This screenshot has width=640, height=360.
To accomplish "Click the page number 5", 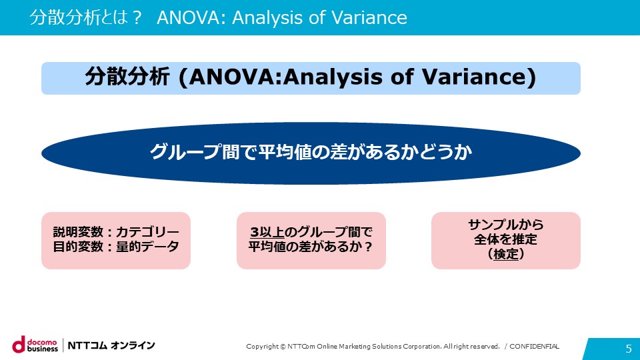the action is pos(629,348).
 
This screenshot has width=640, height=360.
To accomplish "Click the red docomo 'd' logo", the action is pos(19,345).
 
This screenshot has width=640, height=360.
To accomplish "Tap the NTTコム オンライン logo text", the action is pos(111,345).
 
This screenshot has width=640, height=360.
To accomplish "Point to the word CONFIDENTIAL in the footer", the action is pos(534,346).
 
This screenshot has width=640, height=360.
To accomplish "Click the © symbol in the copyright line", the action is pos(283,347).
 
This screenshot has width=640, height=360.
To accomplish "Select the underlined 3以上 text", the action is pos(267,232).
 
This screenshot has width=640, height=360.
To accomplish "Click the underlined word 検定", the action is pos(506,254).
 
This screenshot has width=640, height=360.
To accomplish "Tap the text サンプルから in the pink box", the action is pos(506,225).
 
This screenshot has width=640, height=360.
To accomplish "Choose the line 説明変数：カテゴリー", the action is pos(116,232).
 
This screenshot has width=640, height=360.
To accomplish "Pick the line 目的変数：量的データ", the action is pos(116,247).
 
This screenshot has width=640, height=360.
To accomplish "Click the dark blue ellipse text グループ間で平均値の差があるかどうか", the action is pos(311,152).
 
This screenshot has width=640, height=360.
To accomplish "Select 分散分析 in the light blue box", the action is pos(127,77).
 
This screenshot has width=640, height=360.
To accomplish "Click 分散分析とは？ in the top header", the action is pos(85,17).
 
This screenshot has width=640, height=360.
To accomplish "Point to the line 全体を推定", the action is pos(506,239).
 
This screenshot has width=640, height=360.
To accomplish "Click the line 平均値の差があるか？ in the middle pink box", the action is pos(311,247).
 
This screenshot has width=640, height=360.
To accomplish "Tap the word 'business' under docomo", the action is pos(43,349).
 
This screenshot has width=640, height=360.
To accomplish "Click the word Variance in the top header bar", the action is pos(369,17).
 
